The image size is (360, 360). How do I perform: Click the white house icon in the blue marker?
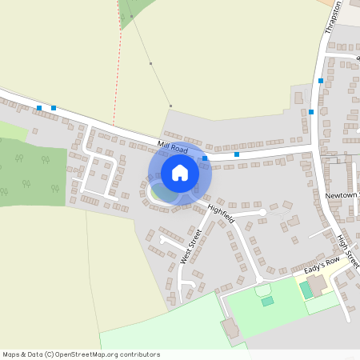click(180, 173)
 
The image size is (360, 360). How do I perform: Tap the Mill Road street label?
click(173, 147)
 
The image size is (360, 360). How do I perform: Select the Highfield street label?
click(221, 213)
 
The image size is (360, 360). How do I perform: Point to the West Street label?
click(190, 246)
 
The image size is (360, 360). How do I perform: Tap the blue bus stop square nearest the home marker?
click(206, 158)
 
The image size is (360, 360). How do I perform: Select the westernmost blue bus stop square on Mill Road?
click(39, 107)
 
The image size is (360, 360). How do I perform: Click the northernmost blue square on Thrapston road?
click(321, 81)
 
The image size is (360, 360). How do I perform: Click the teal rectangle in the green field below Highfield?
click(267, 302)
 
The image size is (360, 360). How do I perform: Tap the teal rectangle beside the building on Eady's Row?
click(307, 290)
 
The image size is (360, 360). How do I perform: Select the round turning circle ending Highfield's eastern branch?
click(262, 212)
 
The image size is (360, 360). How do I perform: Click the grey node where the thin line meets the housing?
click(170, 106)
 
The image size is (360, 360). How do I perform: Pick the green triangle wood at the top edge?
click(127, 12)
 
